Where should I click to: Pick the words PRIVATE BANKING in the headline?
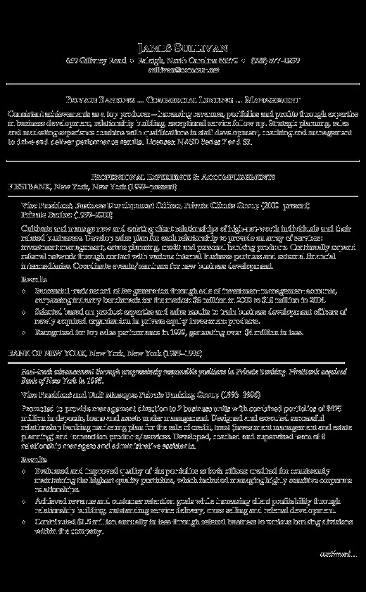tap(89, 99)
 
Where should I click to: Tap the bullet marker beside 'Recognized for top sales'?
tap(25, 332)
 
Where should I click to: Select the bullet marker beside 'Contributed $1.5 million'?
tap(25, 522)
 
